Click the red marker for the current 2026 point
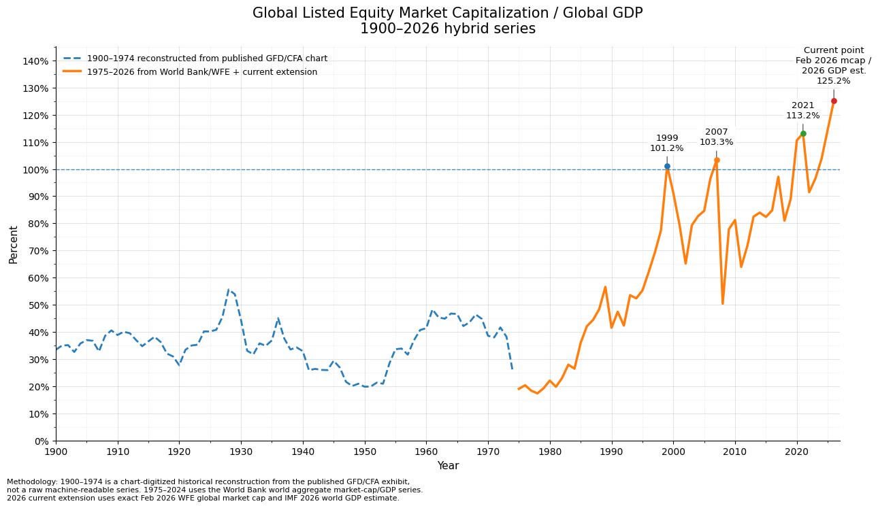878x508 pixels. (x=834, y=101)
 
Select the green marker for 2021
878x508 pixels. (x=803, y=133)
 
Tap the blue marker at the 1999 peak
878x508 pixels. (x=667, y=166)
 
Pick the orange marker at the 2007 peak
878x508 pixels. (x=717, y=160)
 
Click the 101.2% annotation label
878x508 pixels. (x=666, y=148)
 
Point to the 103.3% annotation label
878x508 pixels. (x=716, y=142)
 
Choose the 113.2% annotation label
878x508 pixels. (x=803, y=116)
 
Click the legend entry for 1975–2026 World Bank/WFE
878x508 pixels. (x=202, y=72)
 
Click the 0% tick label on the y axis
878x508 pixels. (x=40, y=441)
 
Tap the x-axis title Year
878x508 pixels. (x=448, y=466)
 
